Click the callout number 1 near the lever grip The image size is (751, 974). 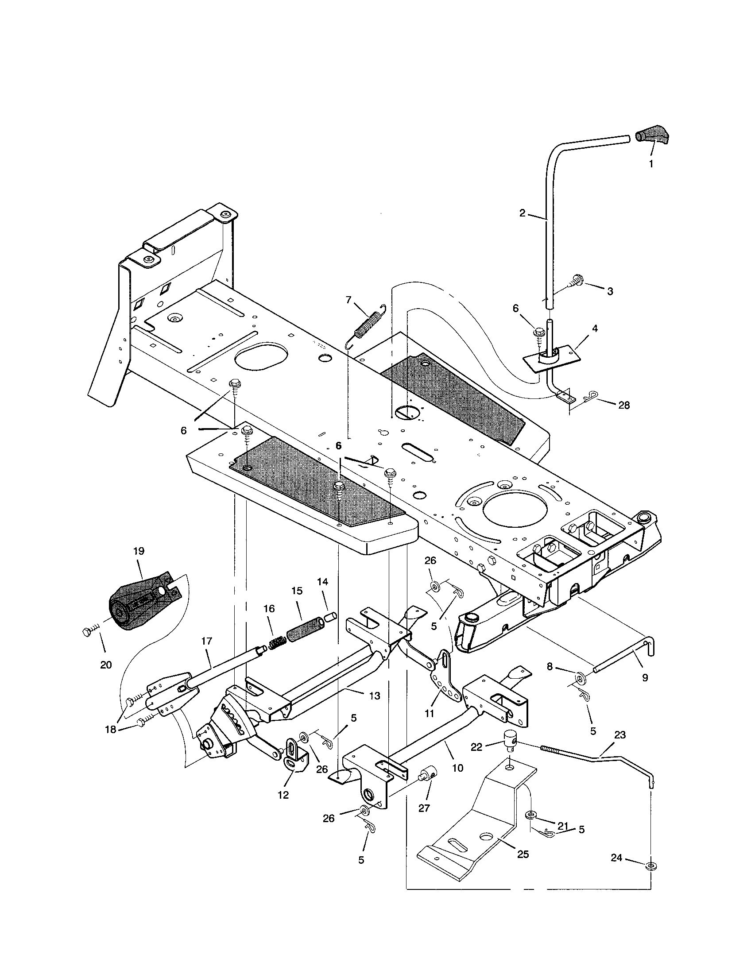click(650, 164)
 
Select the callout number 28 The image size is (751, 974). click(624, 406)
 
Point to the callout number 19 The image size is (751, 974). click(139, 551)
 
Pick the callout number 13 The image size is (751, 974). click(375, 695)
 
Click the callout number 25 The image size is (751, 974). click(523, 854)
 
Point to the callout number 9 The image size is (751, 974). click(645, 678)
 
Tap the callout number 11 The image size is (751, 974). click(429, 714)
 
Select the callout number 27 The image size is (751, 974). click(424, 808)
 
